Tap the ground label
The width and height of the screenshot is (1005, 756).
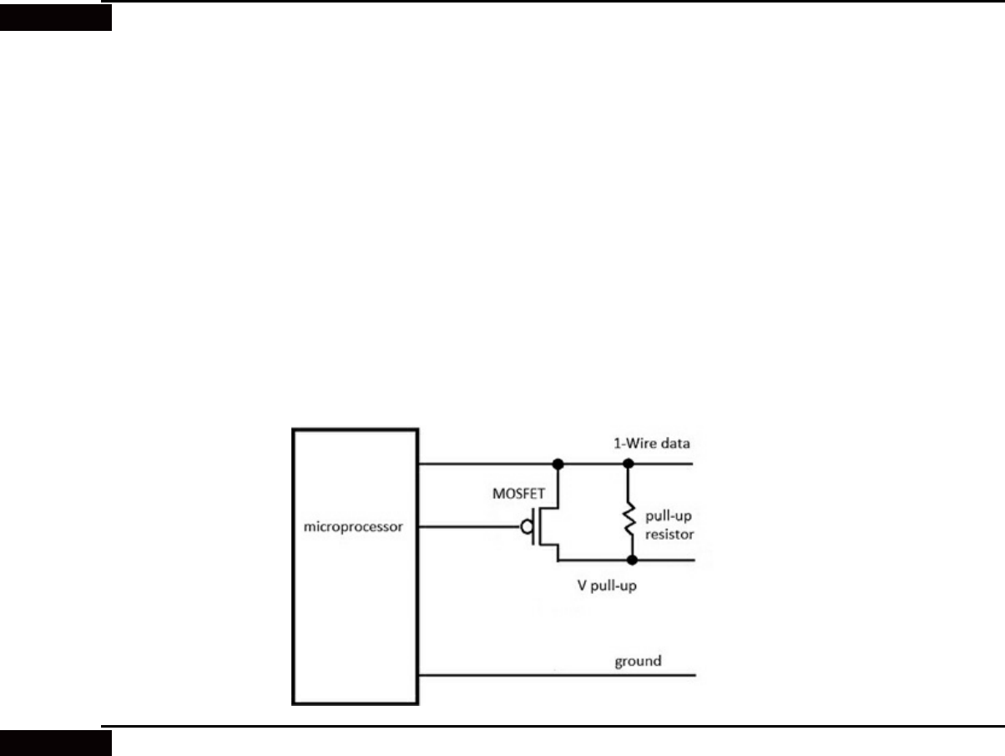[x=638, y=661]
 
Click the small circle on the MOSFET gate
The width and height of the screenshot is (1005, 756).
[x=527, y=527]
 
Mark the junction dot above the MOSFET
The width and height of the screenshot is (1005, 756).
[x=556, y=463]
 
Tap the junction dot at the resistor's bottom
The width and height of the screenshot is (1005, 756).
[x=632, y=560]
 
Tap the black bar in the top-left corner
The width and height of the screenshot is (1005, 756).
[x=55, y=17]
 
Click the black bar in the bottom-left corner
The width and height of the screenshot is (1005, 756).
[x=55, y=742]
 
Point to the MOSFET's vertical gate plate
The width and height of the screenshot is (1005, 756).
[x=534, y=527]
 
